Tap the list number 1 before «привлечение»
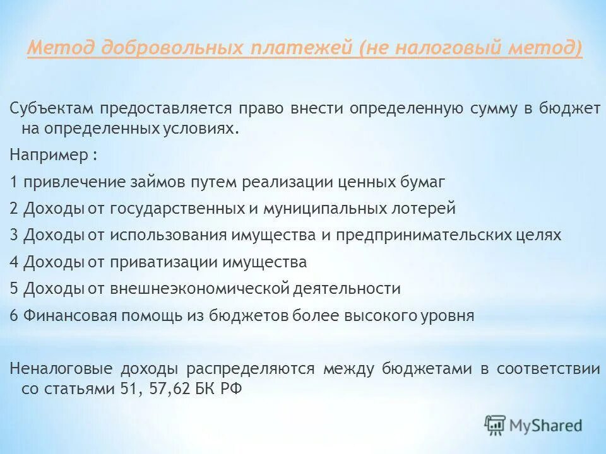pyautogui.click(x=14, y=182)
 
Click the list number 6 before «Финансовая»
pyautogui.click(x=15, y=315)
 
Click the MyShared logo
pyautogui.click(x=533, y=424)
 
